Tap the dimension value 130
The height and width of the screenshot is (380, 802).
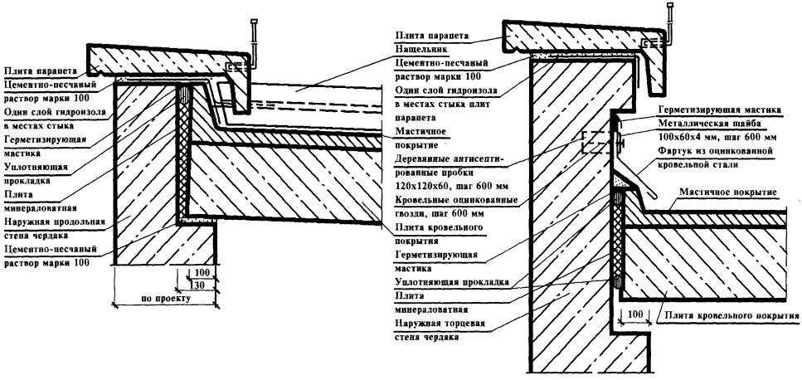tap(199, 285)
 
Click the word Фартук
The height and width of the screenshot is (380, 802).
tap(674, 152)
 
